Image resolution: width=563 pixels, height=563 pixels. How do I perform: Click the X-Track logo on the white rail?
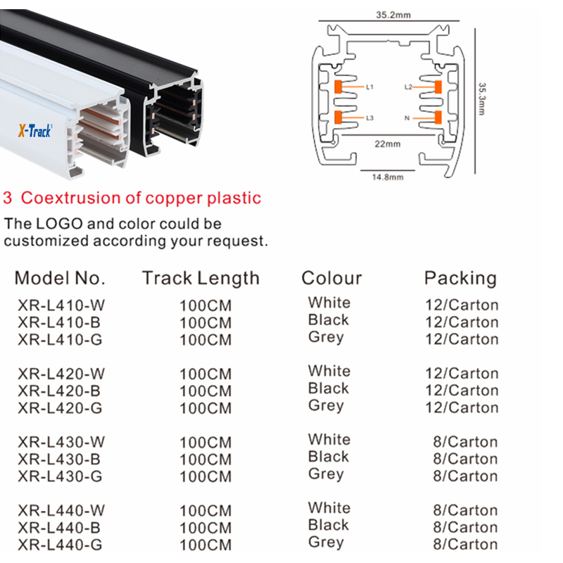(x=34, y=131)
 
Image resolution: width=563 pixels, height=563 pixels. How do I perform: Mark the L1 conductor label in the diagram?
(x=370, y=87)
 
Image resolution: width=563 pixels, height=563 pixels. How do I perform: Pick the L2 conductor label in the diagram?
(x=408, y=87)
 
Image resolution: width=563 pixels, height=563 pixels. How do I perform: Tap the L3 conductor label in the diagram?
(x=370, y=118)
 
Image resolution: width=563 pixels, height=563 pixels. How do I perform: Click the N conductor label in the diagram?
(x=407, y=118)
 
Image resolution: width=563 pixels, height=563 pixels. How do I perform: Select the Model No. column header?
(x=60, y=278)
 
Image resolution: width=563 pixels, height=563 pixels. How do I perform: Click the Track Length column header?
(x=201, y=278)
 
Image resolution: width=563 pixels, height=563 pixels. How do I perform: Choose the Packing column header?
(x=460, y=278)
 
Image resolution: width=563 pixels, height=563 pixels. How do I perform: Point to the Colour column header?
(x=331, y=278)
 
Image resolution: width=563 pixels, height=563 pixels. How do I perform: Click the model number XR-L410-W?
(x=62, y=306)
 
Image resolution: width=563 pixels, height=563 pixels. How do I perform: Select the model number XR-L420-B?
(x=60, y=391)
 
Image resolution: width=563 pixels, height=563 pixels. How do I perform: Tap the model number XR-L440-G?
(x=61, y=545)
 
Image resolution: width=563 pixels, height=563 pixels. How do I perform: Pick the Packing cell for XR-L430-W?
(x=465, y=443)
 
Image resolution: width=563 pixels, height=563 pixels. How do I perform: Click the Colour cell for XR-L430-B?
(x=328, y=457)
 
